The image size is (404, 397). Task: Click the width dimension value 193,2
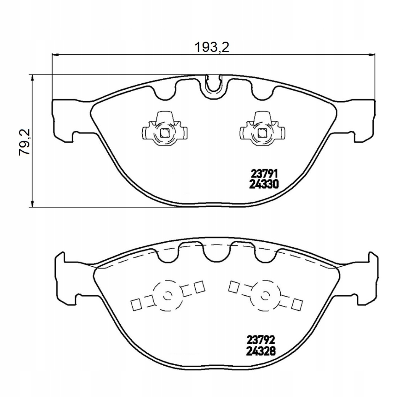click(212, 47)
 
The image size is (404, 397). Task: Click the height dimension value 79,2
click(25, 142)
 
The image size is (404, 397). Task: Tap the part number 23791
click(264, 173)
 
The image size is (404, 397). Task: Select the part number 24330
click(264, 184)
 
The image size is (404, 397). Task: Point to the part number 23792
click(261, 340)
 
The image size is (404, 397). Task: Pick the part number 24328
click(261, 351)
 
